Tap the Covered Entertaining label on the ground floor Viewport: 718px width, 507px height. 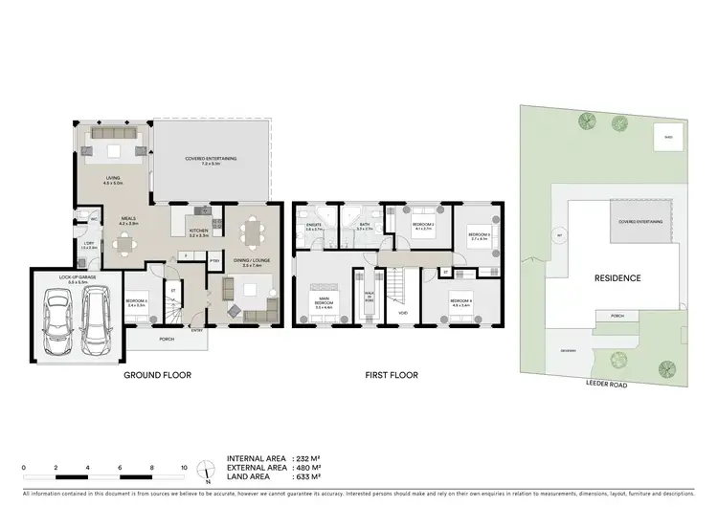point(210,160)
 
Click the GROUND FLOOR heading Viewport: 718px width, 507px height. point(157,376)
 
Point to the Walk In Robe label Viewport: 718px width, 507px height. point(369,297)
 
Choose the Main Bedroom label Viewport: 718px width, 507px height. point(324,304)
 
